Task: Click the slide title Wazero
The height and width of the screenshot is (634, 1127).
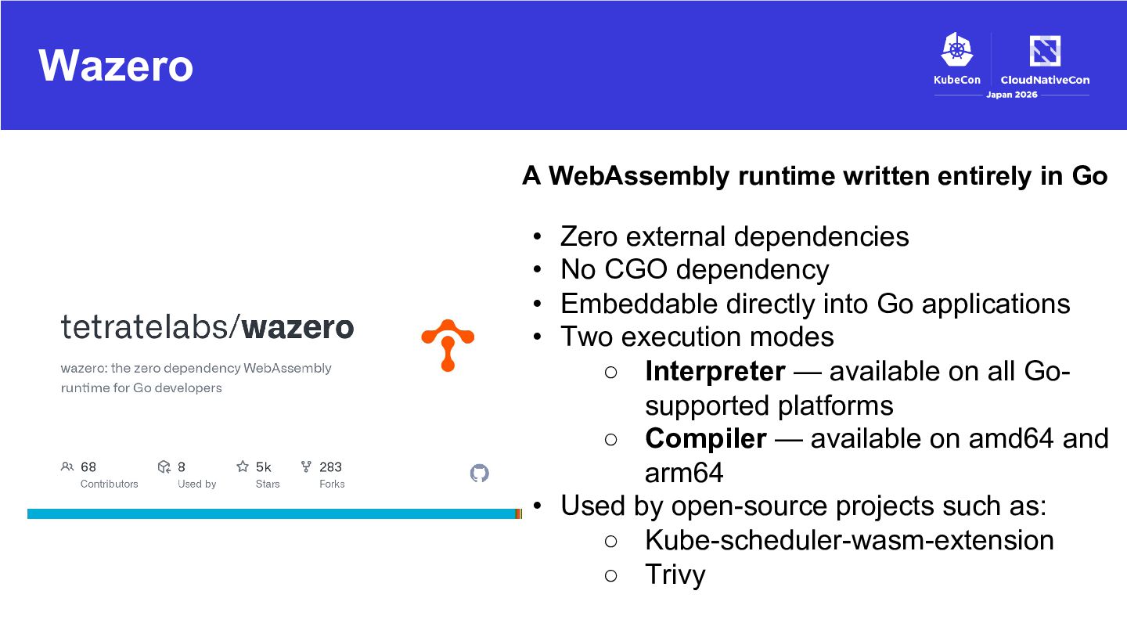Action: click(x=116, y=66)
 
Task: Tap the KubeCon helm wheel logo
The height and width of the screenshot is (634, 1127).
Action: click(x=957, y=49)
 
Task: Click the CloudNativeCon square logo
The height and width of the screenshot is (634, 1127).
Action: click(x=1045, y=50)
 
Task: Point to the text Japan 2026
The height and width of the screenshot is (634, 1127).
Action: click(x=1011, y=95)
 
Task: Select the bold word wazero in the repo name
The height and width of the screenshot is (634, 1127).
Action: click(x=298, y=327)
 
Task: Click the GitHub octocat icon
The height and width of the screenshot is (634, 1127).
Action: click(x=480, y=473)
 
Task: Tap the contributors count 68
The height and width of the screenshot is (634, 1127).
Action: click(x=88, y=467)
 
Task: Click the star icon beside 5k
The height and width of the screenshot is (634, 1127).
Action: click(x=243, y=466)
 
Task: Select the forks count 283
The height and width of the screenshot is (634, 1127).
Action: click(x=330, y=467)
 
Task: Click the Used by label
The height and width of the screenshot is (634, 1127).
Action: click(x=196, y=484)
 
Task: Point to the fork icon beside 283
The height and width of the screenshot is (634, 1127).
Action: click(x=306, y=466)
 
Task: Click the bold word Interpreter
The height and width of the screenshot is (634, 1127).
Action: click(x=715, y=371)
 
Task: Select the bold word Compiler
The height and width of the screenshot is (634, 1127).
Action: click(x=706, y=439)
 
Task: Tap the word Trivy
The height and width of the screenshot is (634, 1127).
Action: click(x=675, y=575)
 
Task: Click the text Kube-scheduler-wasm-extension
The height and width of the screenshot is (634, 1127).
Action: click(x=849, y=540)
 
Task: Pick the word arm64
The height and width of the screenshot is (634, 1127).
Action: click(x=684, y=473)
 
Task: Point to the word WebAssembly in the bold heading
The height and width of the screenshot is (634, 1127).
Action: click(x=639, y=176)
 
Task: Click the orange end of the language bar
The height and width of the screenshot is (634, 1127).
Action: click(x=519, y=513)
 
